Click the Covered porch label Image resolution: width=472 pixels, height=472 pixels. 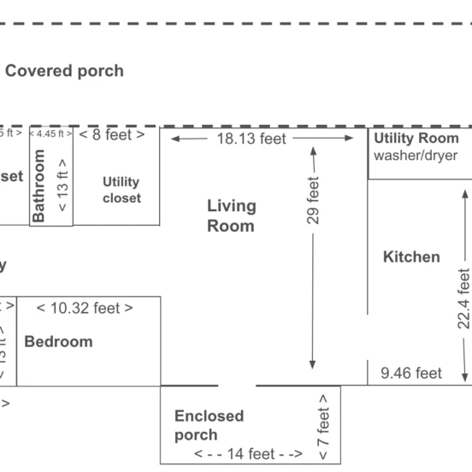point(64,71)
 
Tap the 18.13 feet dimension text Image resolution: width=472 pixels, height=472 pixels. point(262,138)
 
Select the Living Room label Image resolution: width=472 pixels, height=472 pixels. point(231,215)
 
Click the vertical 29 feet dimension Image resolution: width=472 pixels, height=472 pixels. point(313,201)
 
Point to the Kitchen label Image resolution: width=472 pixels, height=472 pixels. point(411,257)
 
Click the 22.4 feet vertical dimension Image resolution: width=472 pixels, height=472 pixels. point(463,298)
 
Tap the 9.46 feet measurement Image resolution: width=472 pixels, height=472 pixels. point(410,373)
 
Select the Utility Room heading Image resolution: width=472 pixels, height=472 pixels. point(416,139)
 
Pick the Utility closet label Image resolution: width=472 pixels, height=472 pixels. point(121,190)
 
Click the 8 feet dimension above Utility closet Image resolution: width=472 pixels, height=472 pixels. point(112,134)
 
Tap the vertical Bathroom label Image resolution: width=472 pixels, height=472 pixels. point(38,186)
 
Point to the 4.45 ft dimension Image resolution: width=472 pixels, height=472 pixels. point(50,133)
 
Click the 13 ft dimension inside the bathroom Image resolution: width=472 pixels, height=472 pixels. point(62,186)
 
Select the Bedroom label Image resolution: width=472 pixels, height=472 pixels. point(58,341)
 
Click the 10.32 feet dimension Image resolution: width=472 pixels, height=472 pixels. point(85,308)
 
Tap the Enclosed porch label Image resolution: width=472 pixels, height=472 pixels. point(209,425)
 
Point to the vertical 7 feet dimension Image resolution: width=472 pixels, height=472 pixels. point(323,425)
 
